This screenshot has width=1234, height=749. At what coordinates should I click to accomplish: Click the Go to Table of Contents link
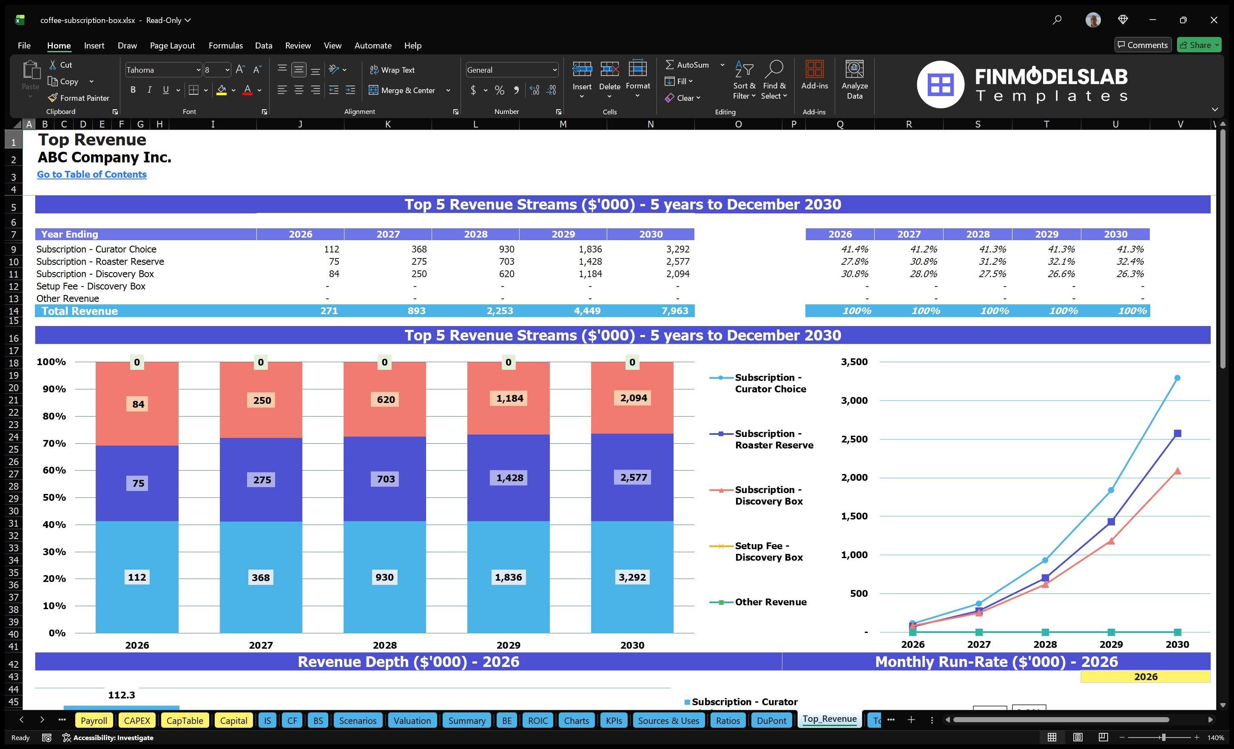(92, 174)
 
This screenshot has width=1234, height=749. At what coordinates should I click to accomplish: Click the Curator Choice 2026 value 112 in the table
(331, 249)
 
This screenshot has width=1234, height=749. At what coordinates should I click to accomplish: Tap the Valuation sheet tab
(412, 721)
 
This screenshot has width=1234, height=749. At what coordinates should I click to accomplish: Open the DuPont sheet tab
(771, 721)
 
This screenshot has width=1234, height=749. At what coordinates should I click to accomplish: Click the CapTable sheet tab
(185, 721)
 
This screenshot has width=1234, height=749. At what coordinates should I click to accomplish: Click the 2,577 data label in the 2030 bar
(633, 478)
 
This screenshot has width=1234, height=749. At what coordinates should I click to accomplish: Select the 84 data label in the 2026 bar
(138, 404)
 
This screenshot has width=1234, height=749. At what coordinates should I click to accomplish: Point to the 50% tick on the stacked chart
(54, 497)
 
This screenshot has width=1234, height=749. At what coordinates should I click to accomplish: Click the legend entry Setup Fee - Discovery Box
(769, 551)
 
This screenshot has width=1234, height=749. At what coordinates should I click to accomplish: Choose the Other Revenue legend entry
(770, 602)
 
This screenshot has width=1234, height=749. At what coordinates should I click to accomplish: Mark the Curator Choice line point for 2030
(1177, 378)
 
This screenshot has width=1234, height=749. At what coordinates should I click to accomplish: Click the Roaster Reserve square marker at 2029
(1111, 522)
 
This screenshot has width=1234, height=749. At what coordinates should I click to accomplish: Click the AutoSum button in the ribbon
(687, 65)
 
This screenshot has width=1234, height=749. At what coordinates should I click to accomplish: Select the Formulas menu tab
(225, 45)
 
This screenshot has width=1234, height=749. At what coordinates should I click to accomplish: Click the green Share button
(1198, 45)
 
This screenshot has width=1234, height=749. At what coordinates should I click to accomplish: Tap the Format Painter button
(79, 98)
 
